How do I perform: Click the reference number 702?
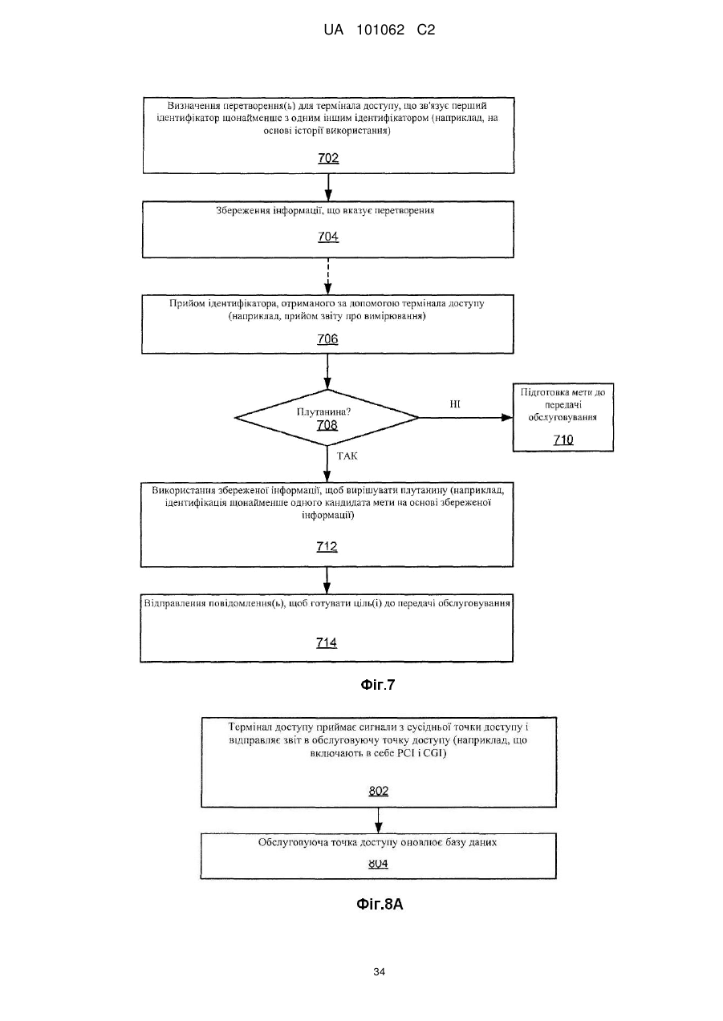(328, 158)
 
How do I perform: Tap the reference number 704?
(328, 237)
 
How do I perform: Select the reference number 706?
(327, 339)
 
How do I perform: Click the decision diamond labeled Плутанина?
(327, 418)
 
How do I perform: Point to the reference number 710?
(563, 440)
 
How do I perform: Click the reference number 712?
(327, 546)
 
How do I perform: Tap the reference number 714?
(327, 642)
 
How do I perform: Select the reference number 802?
(379, 791)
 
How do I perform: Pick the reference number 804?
(378, 863)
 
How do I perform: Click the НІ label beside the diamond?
(455, 404)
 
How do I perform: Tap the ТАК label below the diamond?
(347, 456)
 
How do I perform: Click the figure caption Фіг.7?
(378, 685)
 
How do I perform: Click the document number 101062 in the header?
(380, 30)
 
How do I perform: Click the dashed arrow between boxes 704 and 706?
(328, 276)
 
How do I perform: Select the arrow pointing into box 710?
(465, 418)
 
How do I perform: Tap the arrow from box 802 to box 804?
(379, 820)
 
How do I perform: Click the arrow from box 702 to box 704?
(328, 188)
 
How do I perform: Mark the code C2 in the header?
(426, 30)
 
